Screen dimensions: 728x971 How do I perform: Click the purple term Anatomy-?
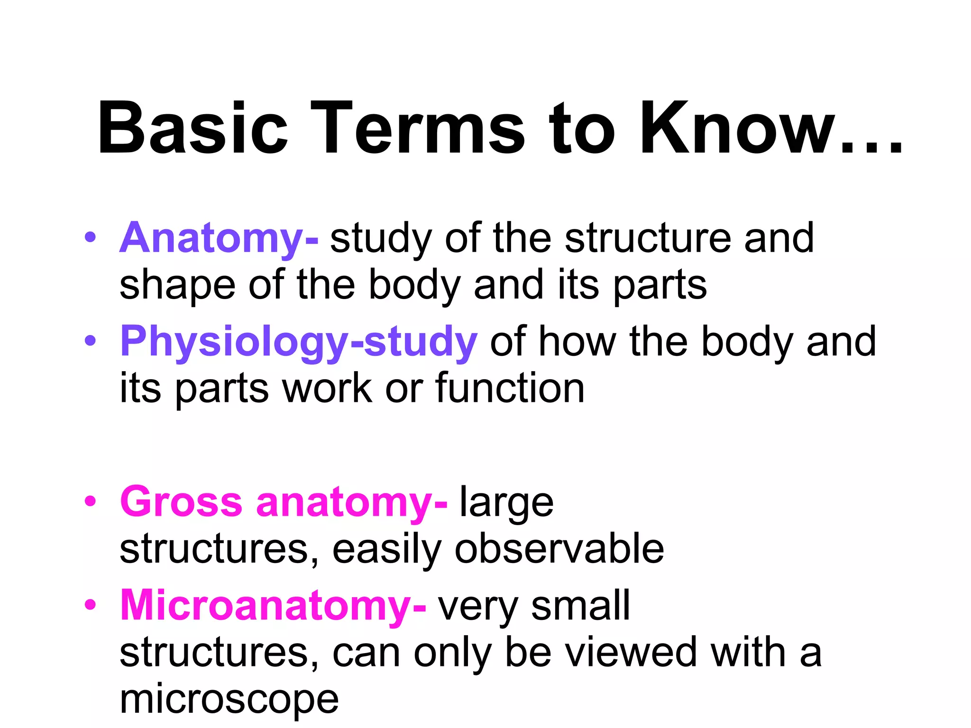pos(219,238)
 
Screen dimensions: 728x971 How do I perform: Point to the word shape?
pos(177,285)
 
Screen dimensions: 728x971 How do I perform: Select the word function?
pos(510,388)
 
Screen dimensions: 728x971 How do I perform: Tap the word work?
pos(327,388)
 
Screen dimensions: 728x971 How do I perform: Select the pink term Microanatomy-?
pos(273,605)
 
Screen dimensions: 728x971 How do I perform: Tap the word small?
pos(581,605)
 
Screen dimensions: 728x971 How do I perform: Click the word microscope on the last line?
pos(229,700)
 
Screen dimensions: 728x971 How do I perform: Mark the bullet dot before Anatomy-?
pos(90,237)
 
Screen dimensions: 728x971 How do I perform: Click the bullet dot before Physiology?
pos(90,340)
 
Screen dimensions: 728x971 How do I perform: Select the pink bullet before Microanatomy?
pos(90,604)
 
